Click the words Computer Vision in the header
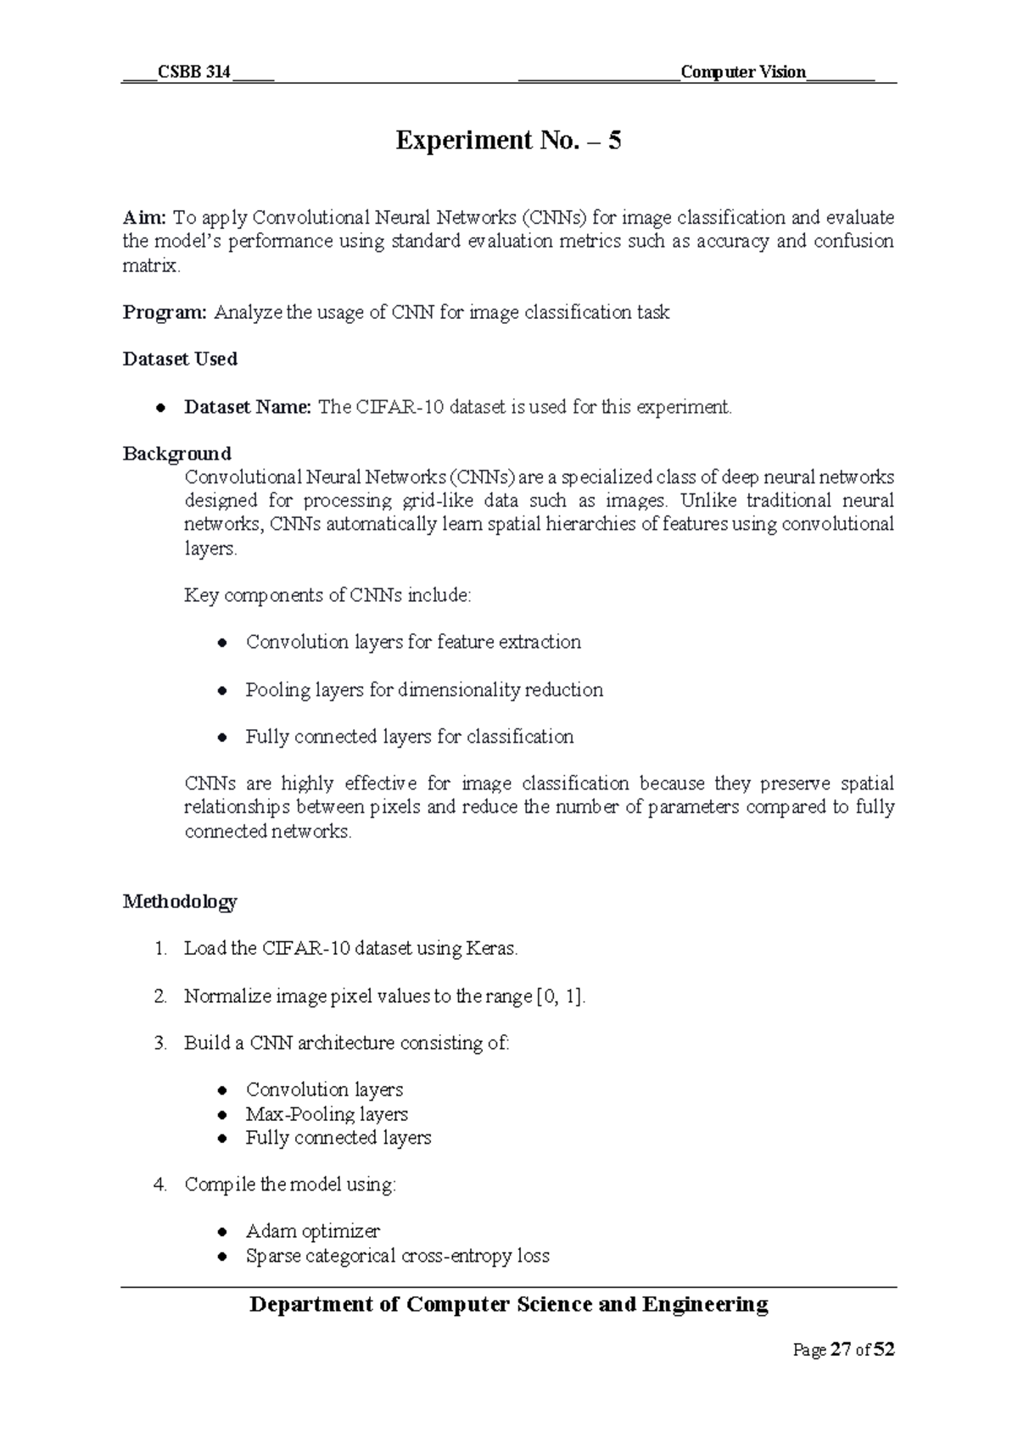742,72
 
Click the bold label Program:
165,313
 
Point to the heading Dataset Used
180,359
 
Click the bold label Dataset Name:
248,407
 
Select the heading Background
176,454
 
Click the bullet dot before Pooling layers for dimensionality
222,691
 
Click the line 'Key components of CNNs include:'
327,595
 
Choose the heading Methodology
180,901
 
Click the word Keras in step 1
489,949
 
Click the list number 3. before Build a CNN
160,1043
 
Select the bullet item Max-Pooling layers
327,1114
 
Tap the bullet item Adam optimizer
312,1231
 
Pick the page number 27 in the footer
841,1350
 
